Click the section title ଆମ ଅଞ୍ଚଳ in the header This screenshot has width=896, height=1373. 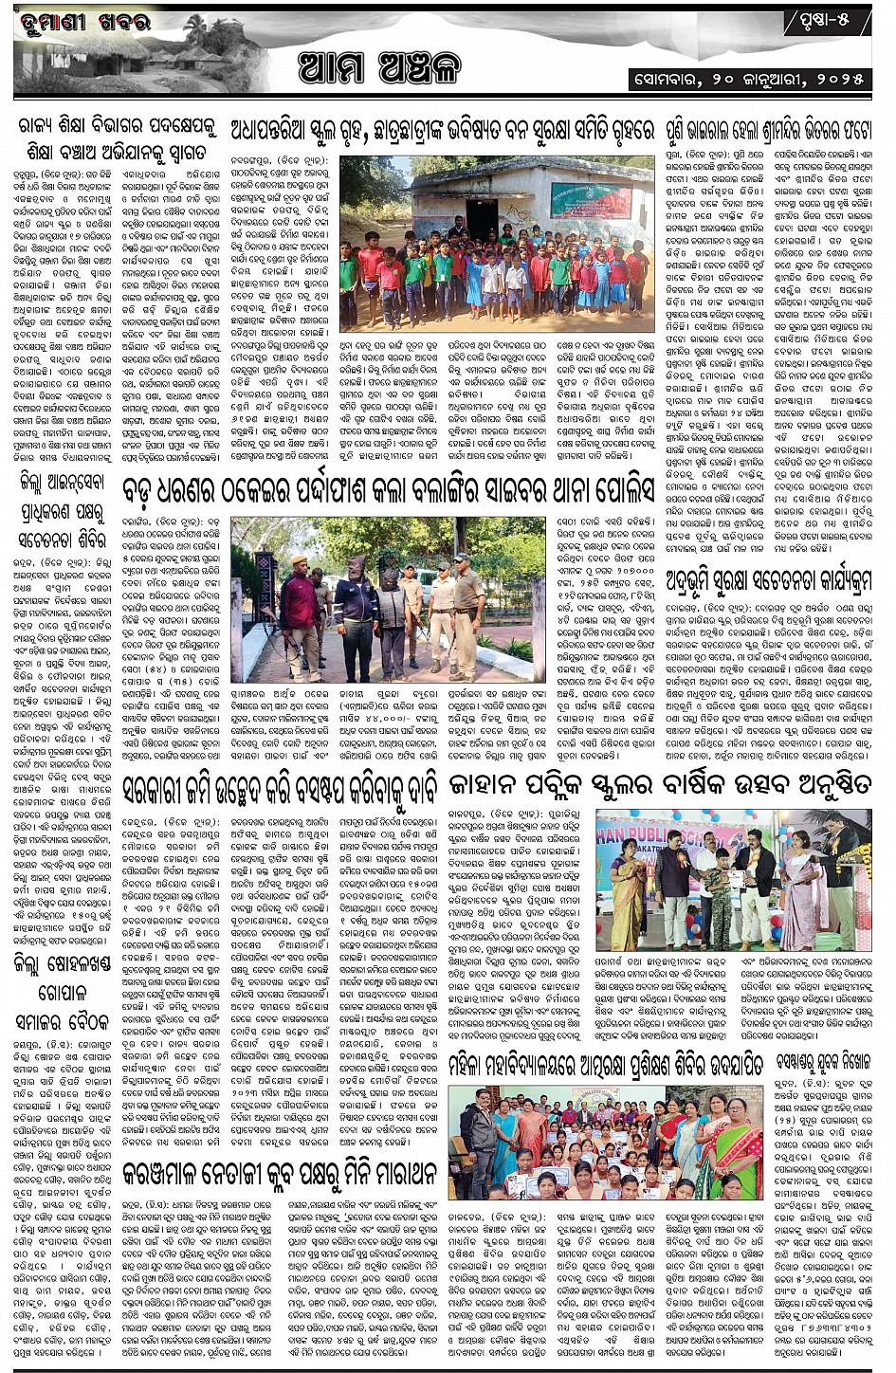point(379,67)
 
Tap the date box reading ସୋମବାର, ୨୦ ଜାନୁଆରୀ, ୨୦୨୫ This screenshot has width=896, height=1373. point(749,79)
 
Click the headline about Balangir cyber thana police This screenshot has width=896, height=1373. point(389,489)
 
